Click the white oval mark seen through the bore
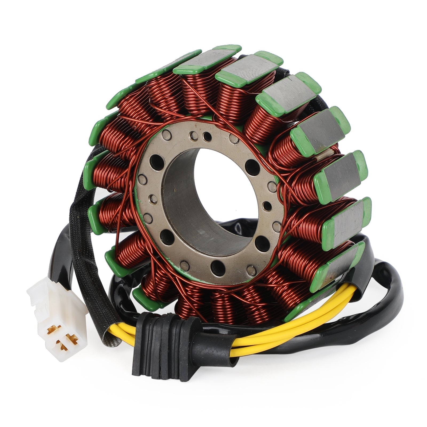coord(239,228)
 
